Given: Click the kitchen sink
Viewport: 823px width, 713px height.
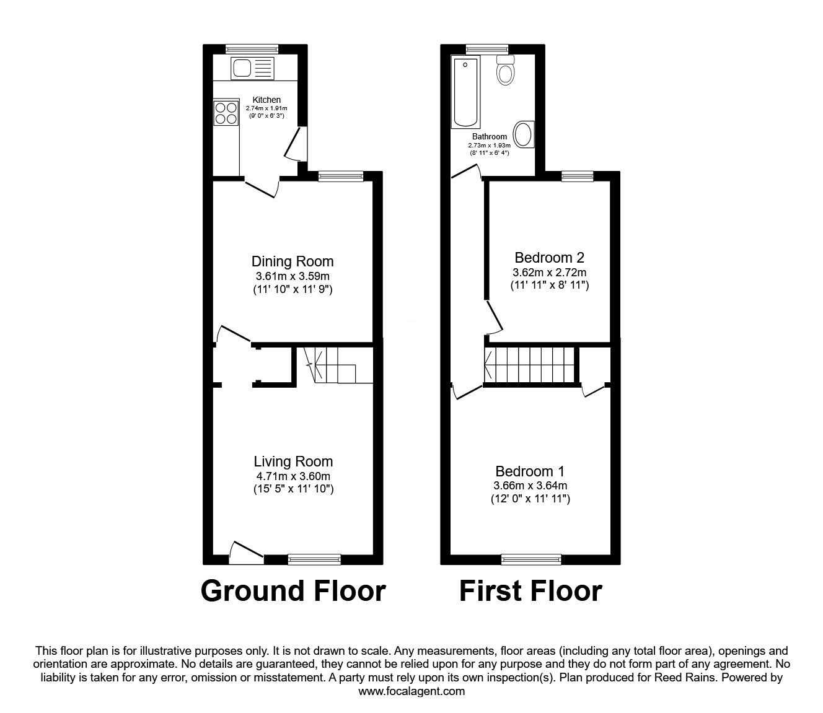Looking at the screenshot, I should [x=250, y=68].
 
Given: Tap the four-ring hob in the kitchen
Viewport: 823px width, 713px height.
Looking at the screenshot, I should [x=226, y=113].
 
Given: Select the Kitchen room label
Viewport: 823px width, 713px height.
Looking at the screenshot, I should [x=266, y=100].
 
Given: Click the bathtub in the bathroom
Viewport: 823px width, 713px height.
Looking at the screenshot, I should [x=465, y=92].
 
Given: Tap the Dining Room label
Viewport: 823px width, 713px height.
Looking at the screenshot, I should [x=293, y=261].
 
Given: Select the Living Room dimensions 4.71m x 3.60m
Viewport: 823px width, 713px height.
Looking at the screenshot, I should [x=293, y=476].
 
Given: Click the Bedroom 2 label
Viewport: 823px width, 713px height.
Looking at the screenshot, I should [x=549, y=257].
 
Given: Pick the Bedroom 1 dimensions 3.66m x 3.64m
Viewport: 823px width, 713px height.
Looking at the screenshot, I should [x=530, y=486].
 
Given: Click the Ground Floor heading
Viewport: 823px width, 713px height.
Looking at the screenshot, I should [x=293, y=591].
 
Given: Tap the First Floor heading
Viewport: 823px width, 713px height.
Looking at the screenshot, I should [x=530, y=591].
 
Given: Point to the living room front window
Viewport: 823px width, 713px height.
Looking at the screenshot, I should [x=314, y=559].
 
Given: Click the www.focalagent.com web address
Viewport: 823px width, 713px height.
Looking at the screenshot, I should [x=412, y=691].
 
